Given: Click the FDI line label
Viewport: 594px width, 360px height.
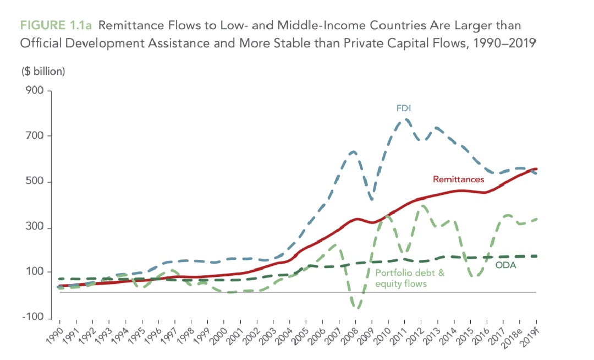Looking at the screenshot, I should (404, 109).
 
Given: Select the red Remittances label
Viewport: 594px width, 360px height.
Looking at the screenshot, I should (458, 179).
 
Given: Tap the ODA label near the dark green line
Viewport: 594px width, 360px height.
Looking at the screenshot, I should (506, 265).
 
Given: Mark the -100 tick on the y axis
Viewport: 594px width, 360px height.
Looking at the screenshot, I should (32, 318).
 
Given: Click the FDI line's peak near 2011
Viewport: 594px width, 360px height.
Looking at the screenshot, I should (405, 119).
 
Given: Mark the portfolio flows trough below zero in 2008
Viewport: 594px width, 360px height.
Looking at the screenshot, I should (356, 307).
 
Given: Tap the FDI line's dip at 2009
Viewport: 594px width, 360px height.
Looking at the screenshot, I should (373, 198).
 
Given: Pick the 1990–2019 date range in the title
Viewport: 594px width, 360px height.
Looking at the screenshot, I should (503, 43).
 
